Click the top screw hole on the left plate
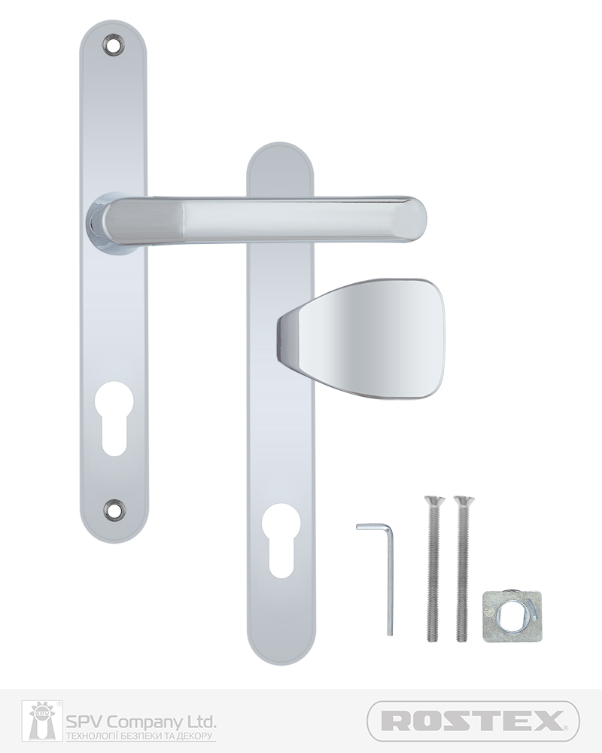114,44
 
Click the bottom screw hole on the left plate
114,508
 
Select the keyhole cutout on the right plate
281,540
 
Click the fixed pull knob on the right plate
360,339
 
